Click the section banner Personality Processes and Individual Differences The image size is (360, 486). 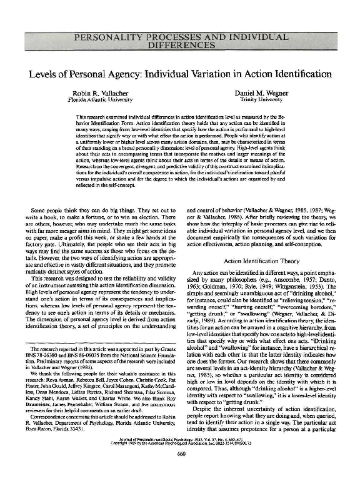(x=180, y=42)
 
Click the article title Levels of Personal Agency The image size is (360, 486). (x=180, y=74)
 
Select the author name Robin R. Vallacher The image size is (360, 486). (x=101, y=92)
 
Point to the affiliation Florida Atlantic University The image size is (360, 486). (x=101, y=99)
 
